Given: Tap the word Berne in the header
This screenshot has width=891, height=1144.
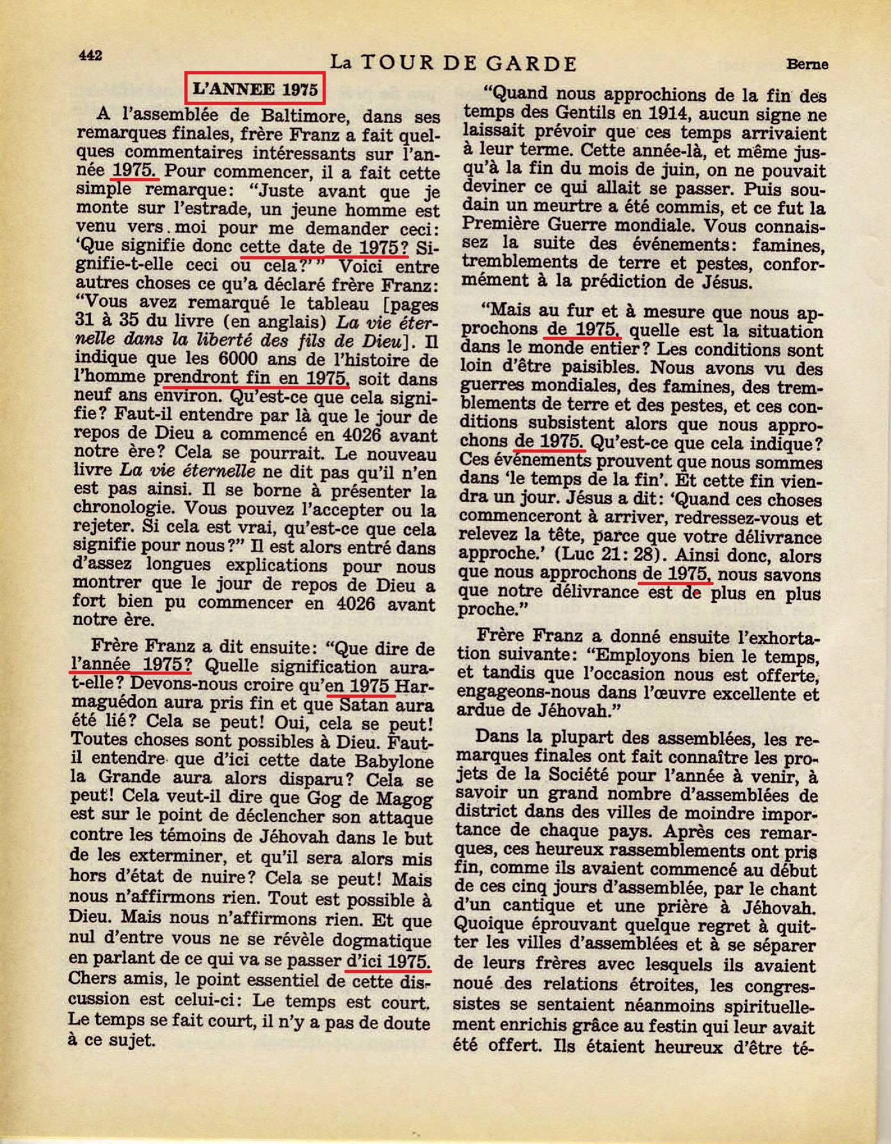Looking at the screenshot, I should point(807,64).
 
